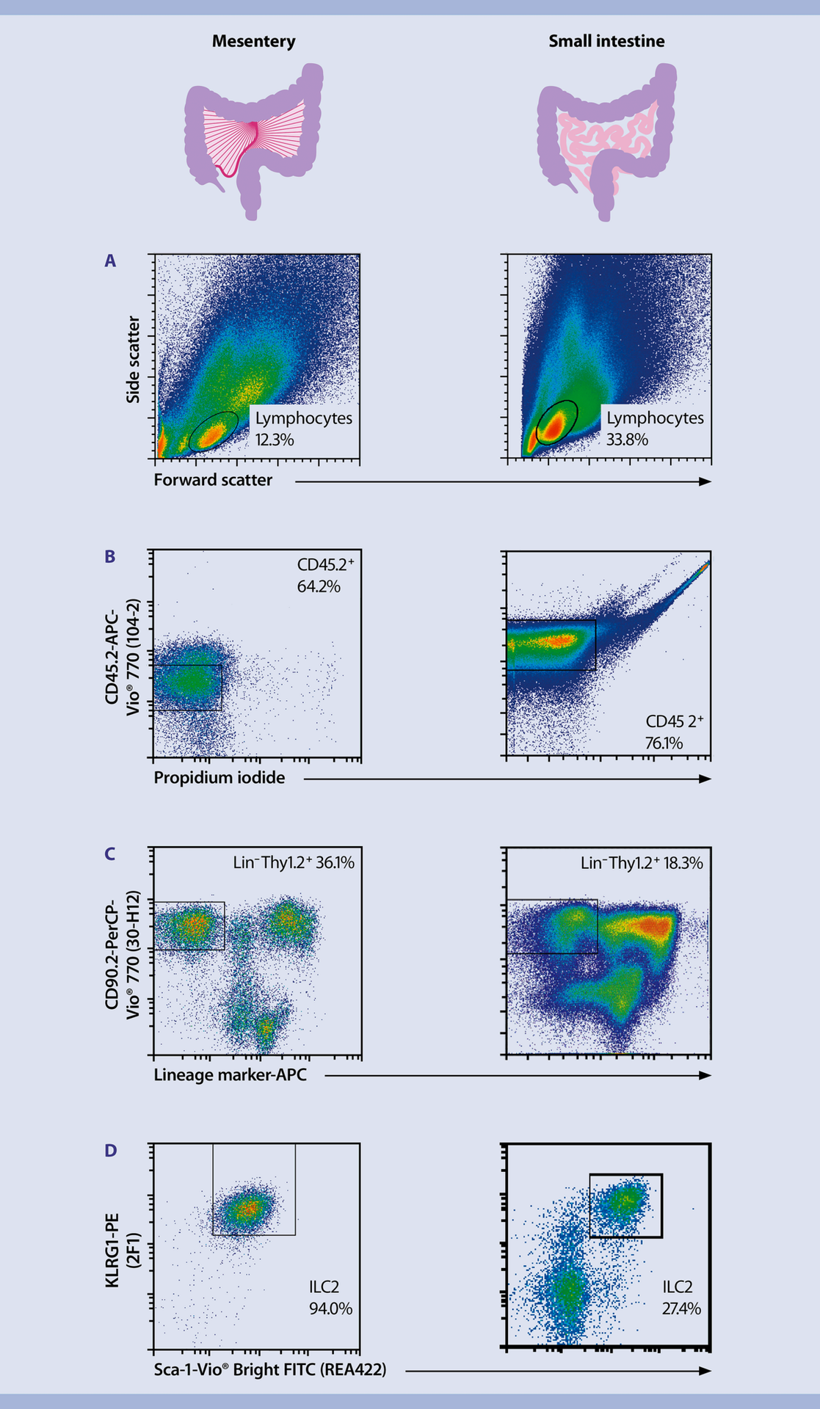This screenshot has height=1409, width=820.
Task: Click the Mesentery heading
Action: click(x=253, y=42)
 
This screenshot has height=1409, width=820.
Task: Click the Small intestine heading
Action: click(x=606, y=42)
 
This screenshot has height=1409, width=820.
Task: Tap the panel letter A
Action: click(x=110, y=261)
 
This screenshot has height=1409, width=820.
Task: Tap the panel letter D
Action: click(x=110, y=1151)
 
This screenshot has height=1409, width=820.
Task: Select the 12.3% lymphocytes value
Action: click(x=275, y=440)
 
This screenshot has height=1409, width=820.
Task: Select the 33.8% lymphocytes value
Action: click(x=627, y=440)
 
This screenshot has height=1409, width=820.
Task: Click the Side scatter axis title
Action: click(x=133, y=359)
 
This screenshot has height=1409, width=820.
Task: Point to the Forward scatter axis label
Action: click(x=213, y=481)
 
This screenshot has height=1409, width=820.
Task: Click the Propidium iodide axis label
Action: click(x=219, y=778)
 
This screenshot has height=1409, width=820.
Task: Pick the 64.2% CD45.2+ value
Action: click(x=319, y=587)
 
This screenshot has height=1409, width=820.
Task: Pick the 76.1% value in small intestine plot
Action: click(x=664, y=743)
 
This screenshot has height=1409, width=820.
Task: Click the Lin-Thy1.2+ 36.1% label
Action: click(x=294, y=863)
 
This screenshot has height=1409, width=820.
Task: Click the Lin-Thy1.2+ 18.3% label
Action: click(x=641, y=863)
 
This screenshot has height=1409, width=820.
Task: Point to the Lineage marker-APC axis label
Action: click(x=230, y=1075)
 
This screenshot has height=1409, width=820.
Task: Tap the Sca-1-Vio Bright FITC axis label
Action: click(x=269, y=1370)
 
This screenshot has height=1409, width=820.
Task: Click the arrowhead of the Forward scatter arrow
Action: click(x=705, y=482)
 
